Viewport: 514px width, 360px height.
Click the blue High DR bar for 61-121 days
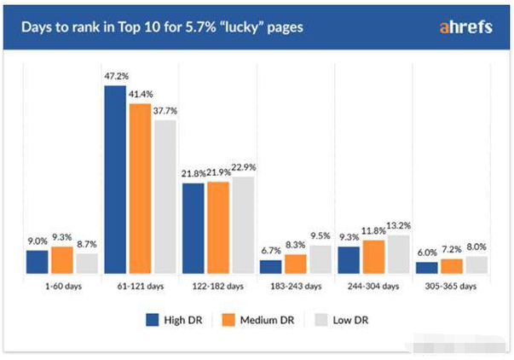coord(115,179)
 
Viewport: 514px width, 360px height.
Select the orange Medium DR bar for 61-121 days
coord(139,189)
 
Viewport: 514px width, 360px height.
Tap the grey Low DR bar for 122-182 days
coord(243,225)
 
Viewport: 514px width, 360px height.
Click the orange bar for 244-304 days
coord(373,257)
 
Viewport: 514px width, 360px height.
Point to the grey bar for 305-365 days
coord(475,264)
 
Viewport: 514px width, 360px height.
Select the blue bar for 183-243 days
coord(270,266)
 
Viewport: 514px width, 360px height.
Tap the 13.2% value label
coord(400,226)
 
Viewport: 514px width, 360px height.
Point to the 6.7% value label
coord(270,252)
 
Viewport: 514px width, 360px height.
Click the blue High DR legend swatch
coord(153,320)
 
